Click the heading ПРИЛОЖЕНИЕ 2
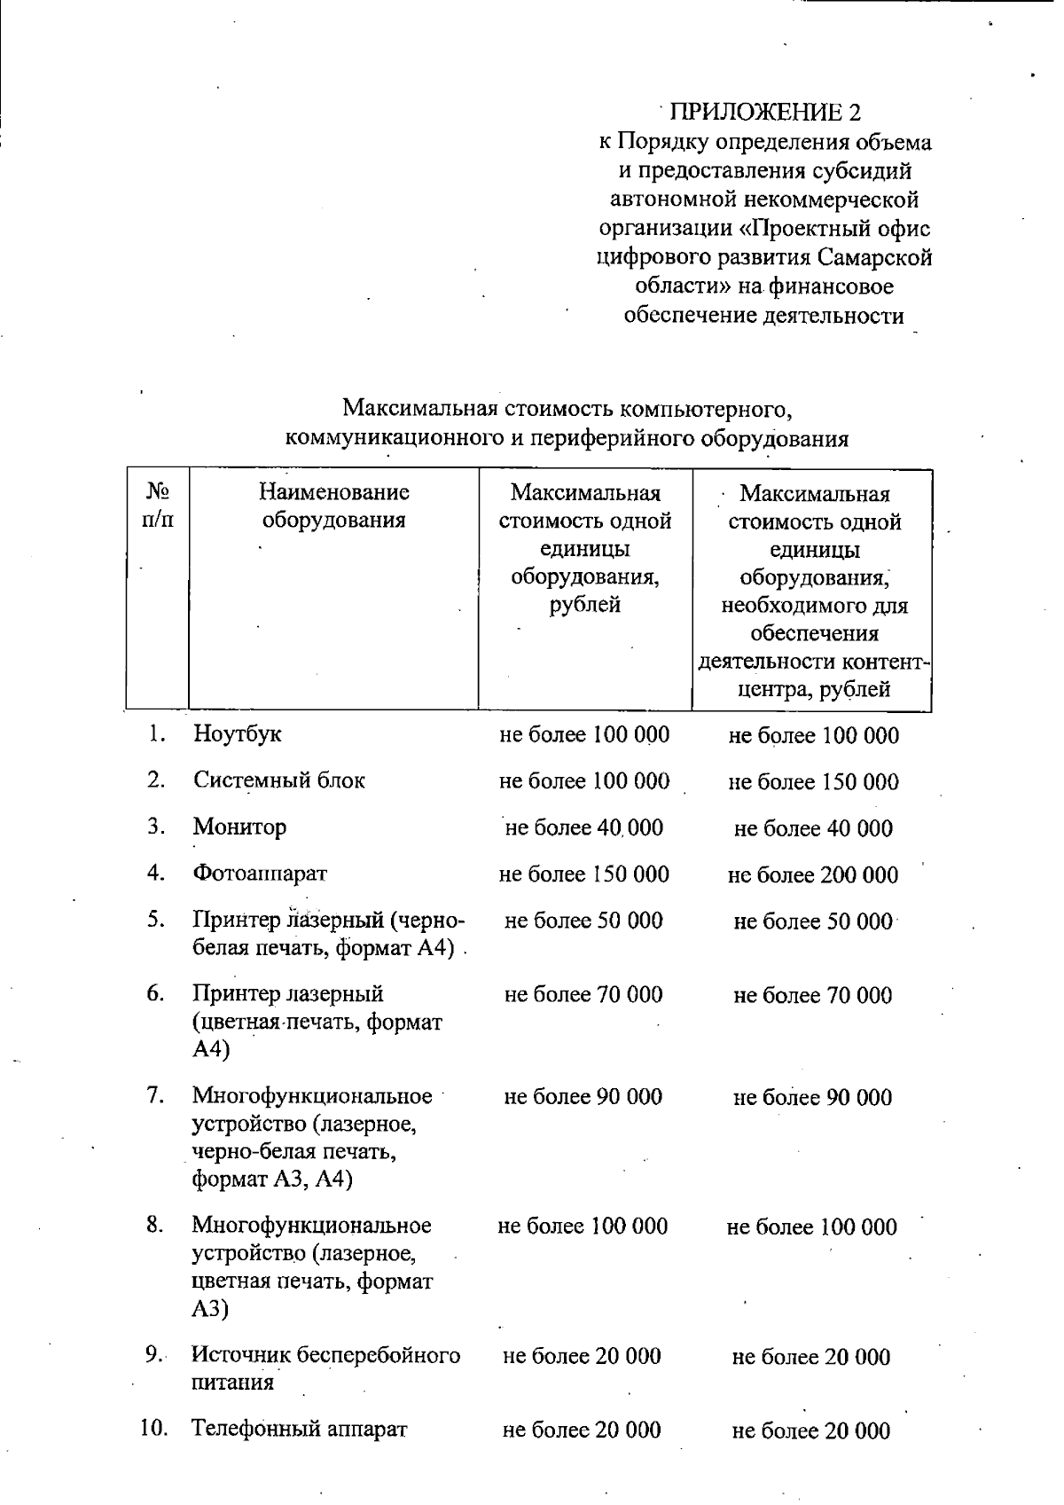pos(765,112)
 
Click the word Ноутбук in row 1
pos(238,734)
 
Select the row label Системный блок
pos(279,780)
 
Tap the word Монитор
pos(239,827)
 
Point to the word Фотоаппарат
pos(260,874)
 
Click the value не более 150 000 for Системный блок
pos(813,782)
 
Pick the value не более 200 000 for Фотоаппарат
pos(813,875)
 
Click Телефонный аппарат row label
pos(300,1429)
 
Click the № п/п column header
pos(157,506)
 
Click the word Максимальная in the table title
pos(421,410)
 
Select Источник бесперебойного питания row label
pos(326,1368)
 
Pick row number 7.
pos(156,1095)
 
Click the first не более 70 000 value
pos(583,995)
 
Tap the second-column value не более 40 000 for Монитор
pos(583,828)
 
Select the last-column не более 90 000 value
pos(812,1098)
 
